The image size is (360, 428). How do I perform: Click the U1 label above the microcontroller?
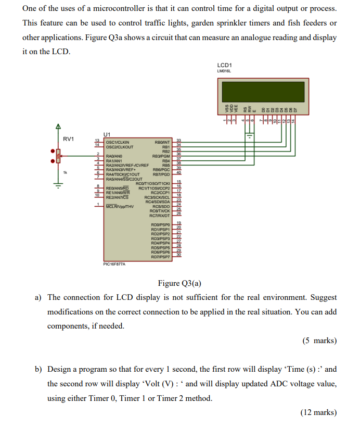point(107,134)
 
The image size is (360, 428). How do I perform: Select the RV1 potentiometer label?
point(69,139)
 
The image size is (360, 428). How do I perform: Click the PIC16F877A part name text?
point(114,264)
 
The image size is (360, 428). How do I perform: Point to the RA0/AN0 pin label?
point(114,155)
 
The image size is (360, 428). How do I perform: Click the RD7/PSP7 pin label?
point(160,257)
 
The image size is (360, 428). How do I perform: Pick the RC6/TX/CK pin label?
point(160,211)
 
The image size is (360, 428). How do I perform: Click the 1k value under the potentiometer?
point(65,172)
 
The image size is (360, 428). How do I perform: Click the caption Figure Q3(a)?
point(179,283)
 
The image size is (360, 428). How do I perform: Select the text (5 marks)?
point(319,341)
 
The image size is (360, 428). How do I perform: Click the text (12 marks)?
point(317,412)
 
